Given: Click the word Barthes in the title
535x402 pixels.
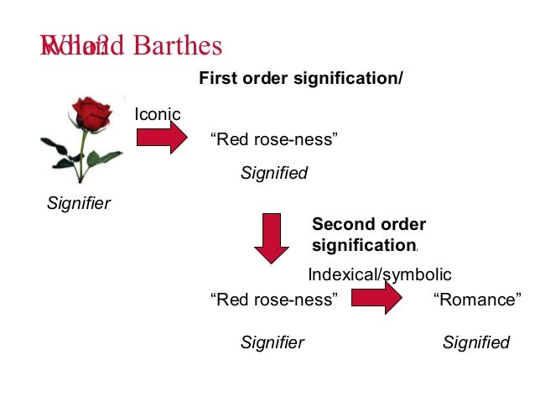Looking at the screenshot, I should pos(177,45).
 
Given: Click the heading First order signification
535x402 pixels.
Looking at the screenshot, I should pos(300,79).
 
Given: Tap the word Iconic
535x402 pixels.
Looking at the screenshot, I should pos(158,114).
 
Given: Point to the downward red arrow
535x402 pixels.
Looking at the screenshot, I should pos(271,238).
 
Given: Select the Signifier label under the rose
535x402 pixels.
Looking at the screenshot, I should pos(79,203).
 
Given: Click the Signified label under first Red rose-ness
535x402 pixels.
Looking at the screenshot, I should pos(274,174).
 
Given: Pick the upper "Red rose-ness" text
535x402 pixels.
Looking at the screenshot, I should pos(277,139).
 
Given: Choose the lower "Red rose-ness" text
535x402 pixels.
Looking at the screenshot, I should pos(277,300).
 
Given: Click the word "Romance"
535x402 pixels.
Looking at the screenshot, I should pos(477,300).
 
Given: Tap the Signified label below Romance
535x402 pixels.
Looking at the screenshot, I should pos(475,342).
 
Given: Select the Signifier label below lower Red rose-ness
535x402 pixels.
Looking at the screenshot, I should pos(272,342).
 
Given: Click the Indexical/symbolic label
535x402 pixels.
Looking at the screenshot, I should pos(380,274).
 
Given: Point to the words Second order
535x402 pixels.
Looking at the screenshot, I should pos(369,225).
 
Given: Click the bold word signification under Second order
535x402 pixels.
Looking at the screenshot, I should pos(363,246).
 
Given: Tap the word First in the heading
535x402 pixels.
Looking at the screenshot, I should pos(216,79).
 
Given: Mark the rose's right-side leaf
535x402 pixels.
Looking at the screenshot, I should pos(106,157).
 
